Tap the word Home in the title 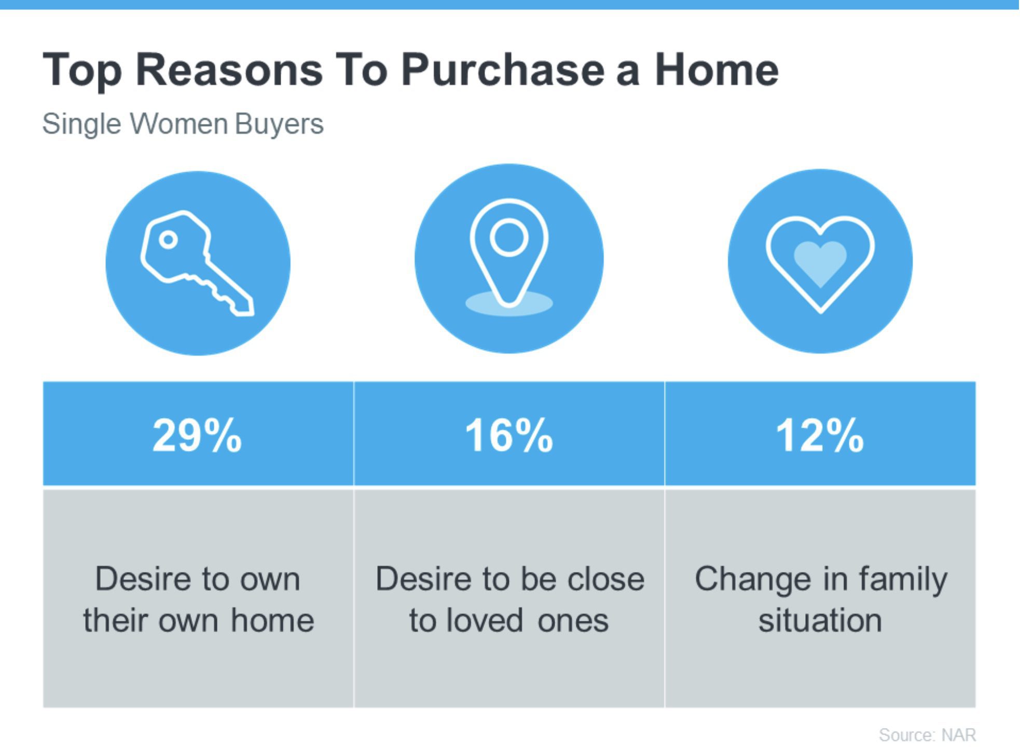(x=716, y=69)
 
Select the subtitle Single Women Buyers (x=183, y=124)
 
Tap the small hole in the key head (x=168, y=240)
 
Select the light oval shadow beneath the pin (x=509, y=303)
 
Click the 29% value (x=197, y=435)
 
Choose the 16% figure (x=508, y=435)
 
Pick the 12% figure (x=820, y=435)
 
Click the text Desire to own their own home (x=198, y=600)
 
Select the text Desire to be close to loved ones (x=509, y=600)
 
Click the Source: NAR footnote (x=927, y=735)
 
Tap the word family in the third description (x=903, y=580)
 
